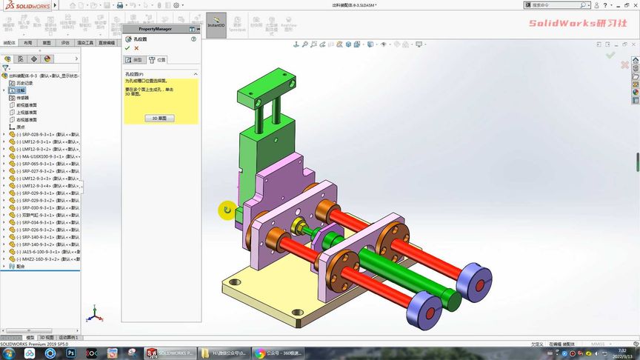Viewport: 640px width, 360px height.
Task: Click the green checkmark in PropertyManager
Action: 127,48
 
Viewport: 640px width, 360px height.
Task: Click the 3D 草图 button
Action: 159,118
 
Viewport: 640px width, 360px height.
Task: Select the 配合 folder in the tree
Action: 20,266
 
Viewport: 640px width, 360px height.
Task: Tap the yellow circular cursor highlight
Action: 227,210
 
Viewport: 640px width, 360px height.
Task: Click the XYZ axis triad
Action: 93,315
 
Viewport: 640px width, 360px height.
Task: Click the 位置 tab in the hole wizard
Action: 158,59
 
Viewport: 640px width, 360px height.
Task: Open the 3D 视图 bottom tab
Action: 46,337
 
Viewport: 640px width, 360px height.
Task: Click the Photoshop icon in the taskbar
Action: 71,353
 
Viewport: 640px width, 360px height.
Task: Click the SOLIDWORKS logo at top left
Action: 21,4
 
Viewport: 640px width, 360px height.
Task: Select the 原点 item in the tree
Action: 21,127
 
